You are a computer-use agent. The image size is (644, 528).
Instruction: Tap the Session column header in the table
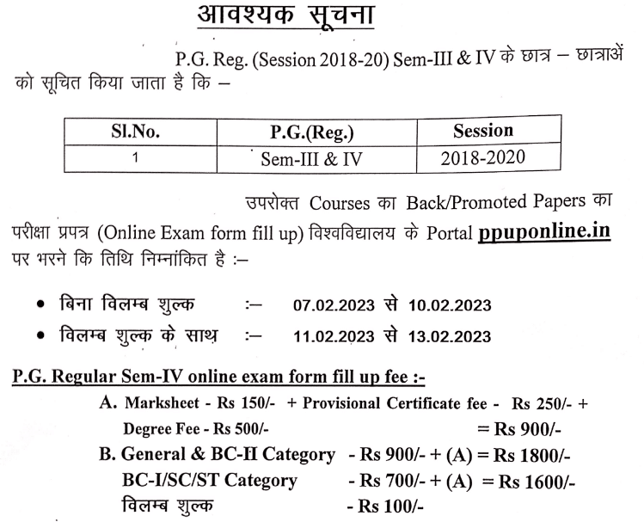482,132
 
